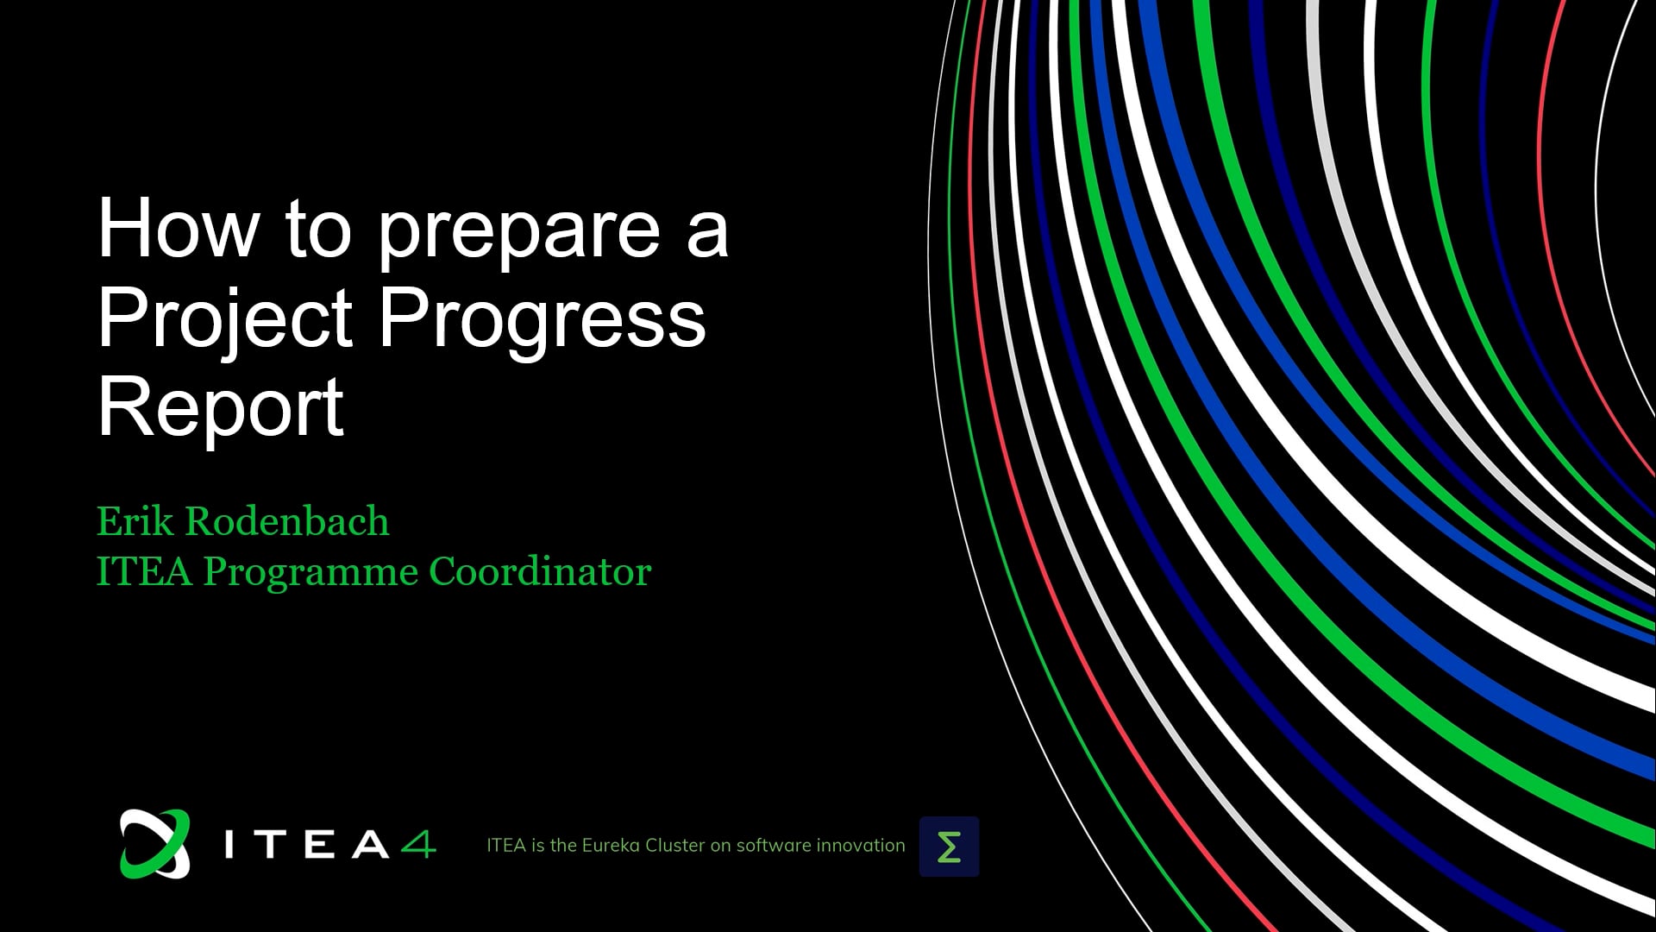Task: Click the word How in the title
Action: (179, 229)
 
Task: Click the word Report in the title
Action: (222, 410)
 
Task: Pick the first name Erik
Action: (135, 521)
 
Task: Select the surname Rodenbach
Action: (287, 521)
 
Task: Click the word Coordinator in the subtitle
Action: (540, 571)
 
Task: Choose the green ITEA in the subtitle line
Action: (144, 571)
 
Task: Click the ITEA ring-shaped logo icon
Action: (155, 844)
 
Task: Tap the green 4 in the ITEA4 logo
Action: (418, 844)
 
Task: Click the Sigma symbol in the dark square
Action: (949, 847)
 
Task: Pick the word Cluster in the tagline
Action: (675, 846)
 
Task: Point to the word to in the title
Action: (318, 230)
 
